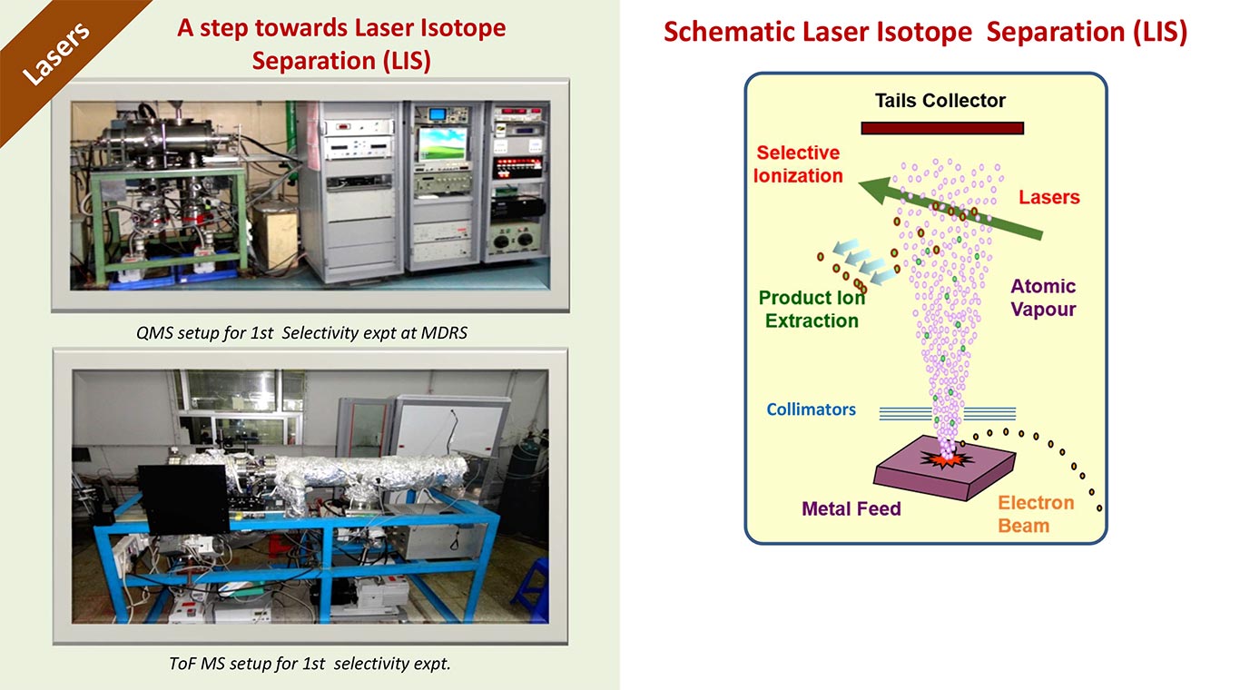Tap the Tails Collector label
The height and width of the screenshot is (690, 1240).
[940, 100]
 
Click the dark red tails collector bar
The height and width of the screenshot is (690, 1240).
[942, 129]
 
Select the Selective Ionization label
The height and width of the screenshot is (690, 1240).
[798, 164]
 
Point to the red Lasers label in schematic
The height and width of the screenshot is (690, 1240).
[1049, 197]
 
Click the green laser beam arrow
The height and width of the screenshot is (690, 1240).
[950, 208]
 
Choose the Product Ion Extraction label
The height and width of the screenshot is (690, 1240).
[812, 309]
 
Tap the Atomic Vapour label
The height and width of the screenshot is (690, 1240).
[1043, 298]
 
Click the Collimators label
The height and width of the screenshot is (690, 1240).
[811, 409]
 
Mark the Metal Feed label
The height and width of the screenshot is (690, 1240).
[851, 508]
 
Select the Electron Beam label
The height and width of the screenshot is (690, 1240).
[1036, 514]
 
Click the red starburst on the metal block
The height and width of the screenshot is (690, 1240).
[947, 458]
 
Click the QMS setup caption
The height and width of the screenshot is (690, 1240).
[301, 333]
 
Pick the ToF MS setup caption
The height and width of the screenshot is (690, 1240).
[310, 664]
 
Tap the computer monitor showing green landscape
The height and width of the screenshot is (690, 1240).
[442, 144]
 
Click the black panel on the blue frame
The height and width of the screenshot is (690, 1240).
[183, 499]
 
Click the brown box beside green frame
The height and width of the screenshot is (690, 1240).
[275, 232]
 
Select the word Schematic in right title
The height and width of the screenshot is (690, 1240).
[732, 32]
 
